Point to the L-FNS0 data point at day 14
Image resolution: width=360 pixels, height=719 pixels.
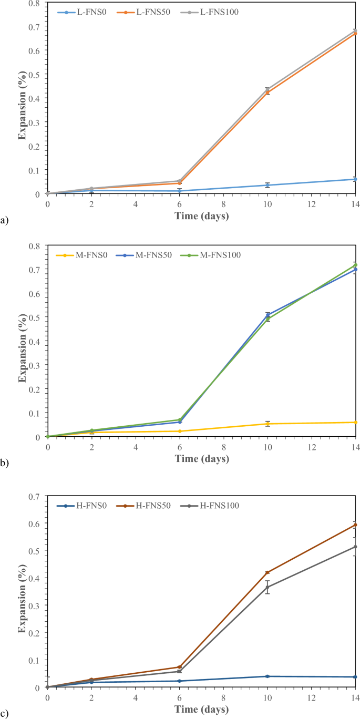pyautogui.click(x=356, y=179)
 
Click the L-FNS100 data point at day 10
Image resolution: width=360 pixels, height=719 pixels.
pyautogui.click(x=268, y=89)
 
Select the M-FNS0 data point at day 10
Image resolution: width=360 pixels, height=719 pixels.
pyautogui.click(x=268, y=424)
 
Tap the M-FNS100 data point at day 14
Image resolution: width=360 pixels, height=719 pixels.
pyautogui.click(x=356, y=265)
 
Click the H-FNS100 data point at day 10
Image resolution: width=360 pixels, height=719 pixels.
pyautogui.click(x=268, y=587)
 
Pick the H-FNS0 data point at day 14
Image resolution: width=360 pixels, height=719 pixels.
pyautogui.click(x=356, y=676)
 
